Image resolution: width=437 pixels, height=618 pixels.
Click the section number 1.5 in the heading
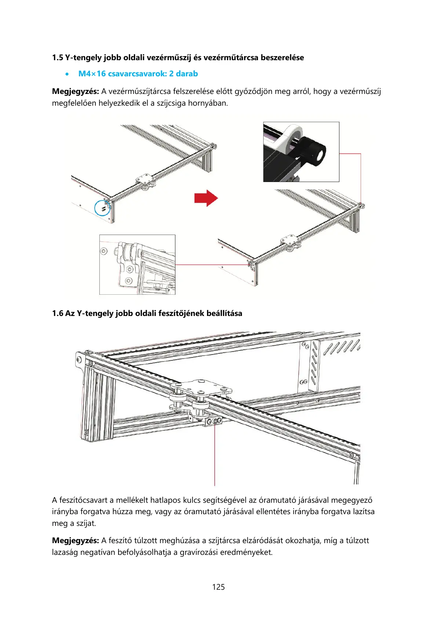coord(57,58)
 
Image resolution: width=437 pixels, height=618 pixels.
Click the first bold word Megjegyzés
coord(75,91)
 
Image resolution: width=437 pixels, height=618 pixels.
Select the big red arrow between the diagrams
coord(206,198)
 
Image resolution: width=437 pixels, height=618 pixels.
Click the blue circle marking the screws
coord(102,208)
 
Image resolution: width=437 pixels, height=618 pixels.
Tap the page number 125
coord(218,587)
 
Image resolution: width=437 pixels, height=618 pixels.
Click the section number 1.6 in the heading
coord(57,313)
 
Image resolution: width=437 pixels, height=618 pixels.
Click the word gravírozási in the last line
coord(199,552)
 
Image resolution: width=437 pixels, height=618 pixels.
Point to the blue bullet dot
coord(66,74)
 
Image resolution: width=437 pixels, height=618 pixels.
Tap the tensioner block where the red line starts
coord(214,421)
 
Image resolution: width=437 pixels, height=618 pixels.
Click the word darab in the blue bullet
coord(187,74)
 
